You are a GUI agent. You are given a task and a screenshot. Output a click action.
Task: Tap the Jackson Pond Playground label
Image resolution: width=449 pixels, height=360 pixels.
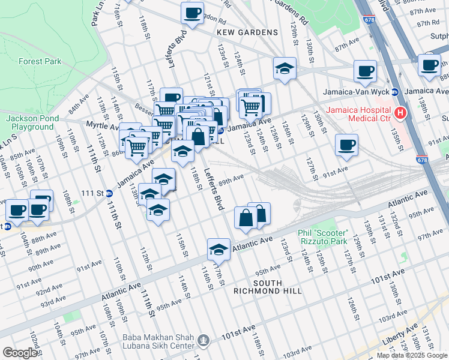click(30, 122)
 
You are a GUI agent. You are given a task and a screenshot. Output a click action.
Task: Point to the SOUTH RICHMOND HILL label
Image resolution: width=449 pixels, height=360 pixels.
click(267, 287)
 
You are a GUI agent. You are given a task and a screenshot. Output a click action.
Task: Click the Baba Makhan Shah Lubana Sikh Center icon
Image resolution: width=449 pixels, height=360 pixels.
click(204, 341)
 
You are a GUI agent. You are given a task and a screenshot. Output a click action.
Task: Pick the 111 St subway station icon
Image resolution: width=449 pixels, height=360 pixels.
click(109, 193)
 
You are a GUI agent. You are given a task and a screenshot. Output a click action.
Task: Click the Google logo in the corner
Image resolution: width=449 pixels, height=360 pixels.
click(20, 353)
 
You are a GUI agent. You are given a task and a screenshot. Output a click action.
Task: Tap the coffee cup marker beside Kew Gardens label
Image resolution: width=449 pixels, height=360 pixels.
click(192, 13)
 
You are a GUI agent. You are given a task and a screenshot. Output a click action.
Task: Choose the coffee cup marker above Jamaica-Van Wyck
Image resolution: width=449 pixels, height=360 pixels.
click(365, 71)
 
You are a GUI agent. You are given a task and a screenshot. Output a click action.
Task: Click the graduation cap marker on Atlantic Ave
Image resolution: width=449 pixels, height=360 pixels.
click(219, 250)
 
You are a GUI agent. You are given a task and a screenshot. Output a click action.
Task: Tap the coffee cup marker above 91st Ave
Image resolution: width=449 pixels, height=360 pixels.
click(346, 146)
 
